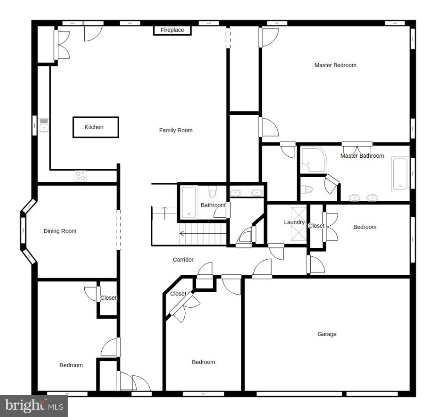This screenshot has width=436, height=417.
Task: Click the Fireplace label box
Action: tap(172, 30)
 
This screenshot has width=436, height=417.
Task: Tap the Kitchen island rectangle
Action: tap(95, 127)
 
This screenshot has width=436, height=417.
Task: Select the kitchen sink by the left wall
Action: tap(44, 126)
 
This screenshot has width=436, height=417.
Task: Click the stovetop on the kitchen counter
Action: tap(80, 176)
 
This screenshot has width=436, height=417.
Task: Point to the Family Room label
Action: tap(175, 130)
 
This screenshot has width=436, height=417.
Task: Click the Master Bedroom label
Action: tap(335, 65)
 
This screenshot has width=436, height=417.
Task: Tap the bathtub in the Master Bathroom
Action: tap(400, 174)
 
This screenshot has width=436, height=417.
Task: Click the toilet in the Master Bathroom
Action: tap(307, 190)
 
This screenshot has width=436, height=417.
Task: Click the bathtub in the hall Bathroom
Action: tap(189, 202)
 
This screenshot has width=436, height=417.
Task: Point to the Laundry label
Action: tap(294, 222)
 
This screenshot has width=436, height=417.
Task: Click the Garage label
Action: tap(327, 334)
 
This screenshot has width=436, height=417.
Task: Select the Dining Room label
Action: tap(60, 231)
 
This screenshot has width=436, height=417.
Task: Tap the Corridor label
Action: tap(183, 259)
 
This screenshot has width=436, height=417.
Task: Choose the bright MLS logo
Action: tap(34, 406)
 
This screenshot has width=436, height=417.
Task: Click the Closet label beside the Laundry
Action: tap(316, 226)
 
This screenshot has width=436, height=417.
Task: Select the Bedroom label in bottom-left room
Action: tap(71, 365)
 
